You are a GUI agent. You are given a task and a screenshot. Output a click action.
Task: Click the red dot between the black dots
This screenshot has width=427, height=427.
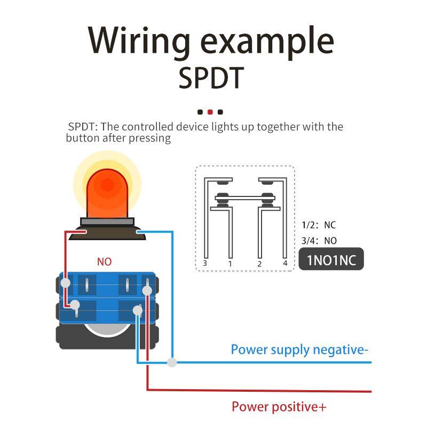pyautogui.click(x=210, y=112)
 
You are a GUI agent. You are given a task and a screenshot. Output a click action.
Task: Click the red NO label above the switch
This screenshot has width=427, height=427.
pyautogui.click(x=104, y=262)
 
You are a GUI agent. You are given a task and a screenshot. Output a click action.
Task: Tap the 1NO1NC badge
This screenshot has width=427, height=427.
pyautogui.click(x=331, y=260)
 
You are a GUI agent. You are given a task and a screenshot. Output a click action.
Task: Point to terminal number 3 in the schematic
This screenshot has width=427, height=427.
pyautogui.click(x=205, y=263)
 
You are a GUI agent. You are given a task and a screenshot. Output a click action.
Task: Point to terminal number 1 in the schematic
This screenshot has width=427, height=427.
pyautogui.click(x=230, y=263)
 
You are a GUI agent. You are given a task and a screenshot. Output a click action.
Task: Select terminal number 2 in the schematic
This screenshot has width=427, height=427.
pyautogui.click(x=259, y=263)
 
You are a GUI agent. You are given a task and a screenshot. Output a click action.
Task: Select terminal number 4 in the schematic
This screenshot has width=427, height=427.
pyautogui.click(x=285, y=263)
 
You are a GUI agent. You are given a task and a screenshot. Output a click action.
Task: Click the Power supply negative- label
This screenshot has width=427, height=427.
pyautogui.click(x=299, y=350)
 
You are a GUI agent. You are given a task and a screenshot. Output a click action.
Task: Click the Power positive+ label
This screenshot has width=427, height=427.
pyautogui.click(x=279, y=407)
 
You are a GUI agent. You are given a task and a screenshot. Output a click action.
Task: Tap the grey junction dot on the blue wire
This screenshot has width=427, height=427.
pyautogui.click(x=172, y=362)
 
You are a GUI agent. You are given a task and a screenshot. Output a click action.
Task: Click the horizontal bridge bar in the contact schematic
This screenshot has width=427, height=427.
pyautogui.click(x=245, y=197)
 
